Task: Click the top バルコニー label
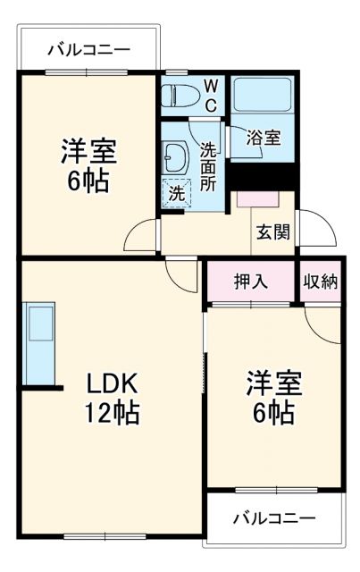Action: (x=88, y=49)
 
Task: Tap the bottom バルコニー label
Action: (x=274, y=517)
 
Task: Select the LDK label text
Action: (x=112, y=383)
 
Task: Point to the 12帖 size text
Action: (x=112, y=414)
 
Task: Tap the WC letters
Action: (x=211, y=94)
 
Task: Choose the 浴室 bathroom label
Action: (x=265, y=138)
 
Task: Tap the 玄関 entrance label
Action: (x=272, y=231)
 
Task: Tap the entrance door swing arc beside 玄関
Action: (x=318, y=231)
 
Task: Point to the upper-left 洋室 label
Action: (x=88, y=150)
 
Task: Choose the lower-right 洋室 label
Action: (x=274, y=383)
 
